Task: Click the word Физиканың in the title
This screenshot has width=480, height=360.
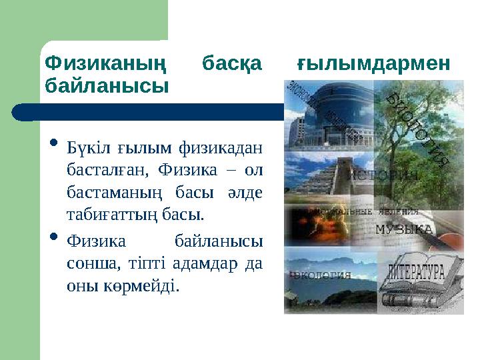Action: tap(104, 64)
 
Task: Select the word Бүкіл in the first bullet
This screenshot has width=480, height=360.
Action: tap(87, 147)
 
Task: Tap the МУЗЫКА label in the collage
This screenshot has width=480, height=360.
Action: tap(403, 229)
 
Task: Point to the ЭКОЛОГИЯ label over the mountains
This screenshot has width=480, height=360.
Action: tap(321, 274)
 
